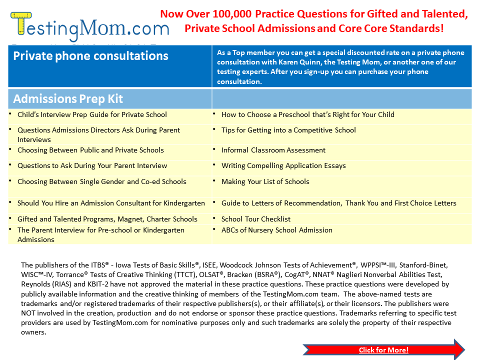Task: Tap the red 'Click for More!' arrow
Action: (383, 350)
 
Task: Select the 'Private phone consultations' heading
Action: (90, 56)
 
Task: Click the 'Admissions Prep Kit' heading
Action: (68, 99)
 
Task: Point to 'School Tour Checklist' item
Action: (255, 219)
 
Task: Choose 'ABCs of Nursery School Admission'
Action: (276, 230)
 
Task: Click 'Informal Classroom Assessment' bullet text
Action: (273, 150)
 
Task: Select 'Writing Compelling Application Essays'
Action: (283, 165)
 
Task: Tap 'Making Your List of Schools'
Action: (265, 181)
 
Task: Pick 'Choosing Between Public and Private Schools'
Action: (90, 150)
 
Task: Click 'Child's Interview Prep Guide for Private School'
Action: (92, 114)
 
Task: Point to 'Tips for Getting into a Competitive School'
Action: (288, 130)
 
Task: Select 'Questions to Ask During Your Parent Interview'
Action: (92, 165)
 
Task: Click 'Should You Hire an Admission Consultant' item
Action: (111, 203)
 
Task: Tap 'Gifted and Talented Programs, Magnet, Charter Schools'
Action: (107, 219)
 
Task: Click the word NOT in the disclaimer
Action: (30, 313)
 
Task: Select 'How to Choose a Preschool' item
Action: (307, 114)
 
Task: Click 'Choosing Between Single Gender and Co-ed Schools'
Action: (101, 181)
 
